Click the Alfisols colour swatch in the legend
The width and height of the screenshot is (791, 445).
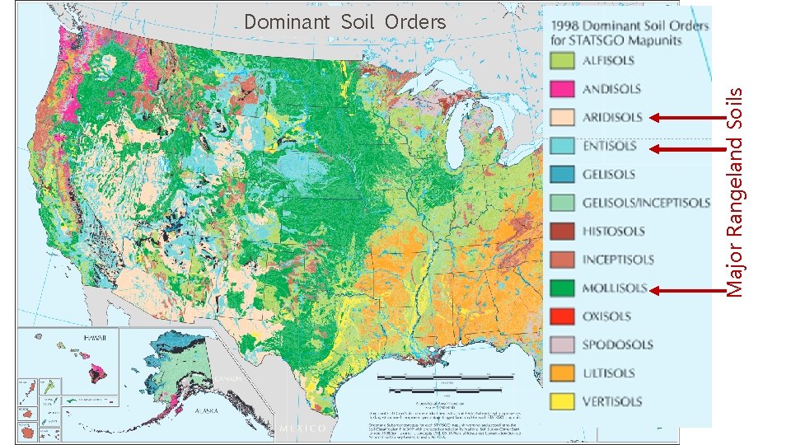point(563,60)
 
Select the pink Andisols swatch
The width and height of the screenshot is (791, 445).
point(563,88)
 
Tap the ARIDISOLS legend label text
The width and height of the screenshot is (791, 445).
point(612,117)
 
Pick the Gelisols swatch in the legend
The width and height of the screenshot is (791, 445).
point(563,174)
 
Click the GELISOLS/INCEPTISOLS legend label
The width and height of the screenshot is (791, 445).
point(646,203)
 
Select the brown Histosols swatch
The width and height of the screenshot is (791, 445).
point(563,231)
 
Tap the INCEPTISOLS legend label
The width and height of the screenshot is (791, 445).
point(618,260)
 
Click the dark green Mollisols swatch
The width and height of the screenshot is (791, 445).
point(563,288)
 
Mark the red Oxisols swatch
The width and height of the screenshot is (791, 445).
point(563,316)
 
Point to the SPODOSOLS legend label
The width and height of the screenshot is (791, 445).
point(617,345)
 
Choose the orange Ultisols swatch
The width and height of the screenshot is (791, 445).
point(563,373)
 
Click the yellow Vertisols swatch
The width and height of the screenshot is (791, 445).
point(563,401)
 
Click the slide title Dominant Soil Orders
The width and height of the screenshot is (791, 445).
point(345,21)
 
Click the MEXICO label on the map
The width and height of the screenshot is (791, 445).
point(303,429)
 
